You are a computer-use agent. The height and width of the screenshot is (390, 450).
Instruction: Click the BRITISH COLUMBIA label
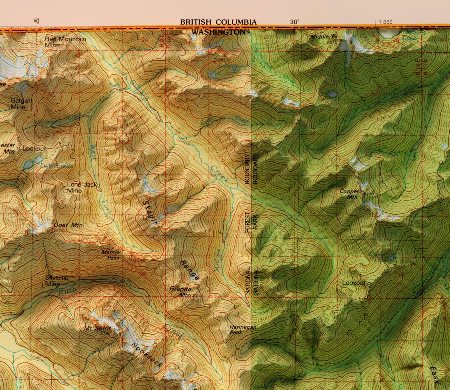point(218,22)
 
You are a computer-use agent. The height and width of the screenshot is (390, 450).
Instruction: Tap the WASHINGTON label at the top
point(218,32)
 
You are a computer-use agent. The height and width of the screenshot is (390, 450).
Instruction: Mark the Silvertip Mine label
point(57,281)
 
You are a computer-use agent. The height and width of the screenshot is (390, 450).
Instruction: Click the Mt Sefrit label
point(97,328)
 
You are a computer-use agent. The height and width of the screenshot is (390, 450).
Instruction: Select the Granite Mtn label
point(181,292)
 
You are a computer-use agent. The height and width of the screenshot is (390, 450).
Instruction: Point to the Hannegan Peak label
point(243,330)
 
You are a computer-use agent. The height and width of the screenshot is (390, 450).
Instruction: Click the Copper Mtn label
point(349,194)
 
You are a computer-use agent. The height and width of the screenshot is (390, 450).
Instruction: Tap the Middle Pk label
point(324,37)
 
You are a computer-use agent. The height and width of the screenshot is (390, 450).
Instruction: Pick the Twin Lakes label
point(56,166)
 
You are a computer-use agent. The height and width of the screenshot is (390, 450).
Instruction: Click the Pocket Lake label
point(222,62)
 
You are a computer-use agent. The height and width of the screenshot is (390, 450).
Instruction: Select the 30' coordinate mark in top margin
point(294,22)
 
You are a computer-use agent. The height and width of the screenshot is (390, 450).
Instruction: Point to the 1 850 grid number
point(386,22)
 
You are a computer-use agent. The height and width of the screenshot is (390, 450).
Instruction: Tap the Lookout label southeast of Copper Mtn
point(354,283)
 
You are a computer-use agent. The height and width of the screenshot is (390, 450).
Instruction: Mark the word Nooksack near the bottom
point(147,355)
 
